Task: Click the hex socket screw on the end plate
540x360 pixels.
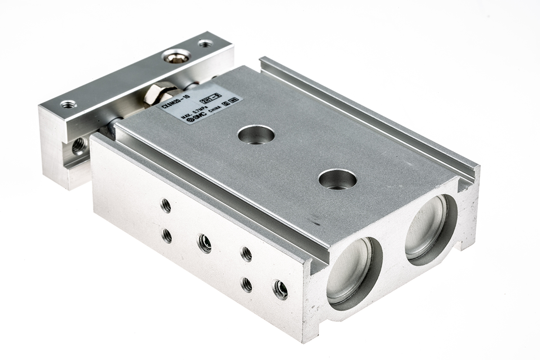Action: point(176,56)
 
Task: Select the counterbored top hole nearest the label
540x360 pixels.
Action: point(256,135)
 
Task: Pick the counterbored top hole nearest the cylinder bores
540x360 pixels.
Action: point(337,179)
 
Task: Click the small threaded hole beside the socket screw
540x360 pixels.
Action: point(205,44)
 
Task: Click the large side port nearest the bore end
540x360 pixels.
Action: point(280,289)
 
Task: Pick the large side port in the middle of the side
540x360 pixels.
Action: point(205,243)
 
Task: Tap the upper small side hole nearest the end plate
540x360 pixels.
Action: point(166,206)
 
